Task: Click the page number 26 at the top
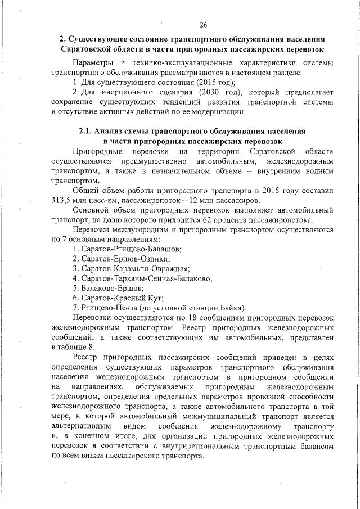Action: (203, 24)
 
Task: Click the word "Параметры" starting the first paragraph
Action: (95, 62)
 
